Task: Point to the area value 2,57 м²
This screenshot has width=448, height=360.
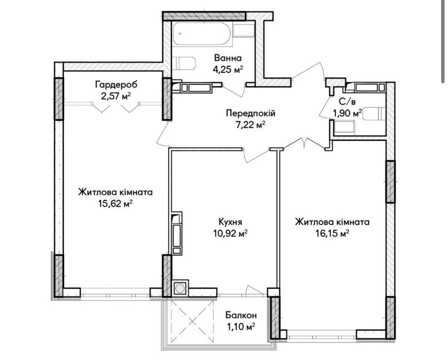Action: (x=116, y=96)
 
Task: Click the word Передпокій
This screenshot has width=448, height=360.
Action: (x=250, y=114)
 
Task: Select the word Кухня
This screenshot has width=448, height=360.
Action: (x=230, y=222)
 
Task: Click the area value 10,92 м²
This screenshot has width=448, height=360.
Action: (x=230, y=233)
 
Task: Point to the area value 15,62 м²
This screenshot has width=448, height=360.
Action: (x=115, y=204)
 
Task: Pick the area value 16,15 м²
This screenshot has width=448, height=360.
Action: (x=332, y=233)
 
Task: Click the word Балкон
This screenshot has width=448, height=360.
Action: (x=241, y=315)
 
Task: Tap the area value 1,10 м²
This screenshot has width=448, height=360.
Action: (x=241, y=327)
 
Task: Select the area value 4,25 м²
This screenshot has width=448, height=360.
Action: (x=228, y=69)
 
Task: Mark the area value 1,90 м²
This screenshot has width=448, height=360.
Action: (x=347, y=113)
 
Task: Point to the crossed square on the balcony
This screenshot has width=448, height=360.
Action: (x=192, y=321)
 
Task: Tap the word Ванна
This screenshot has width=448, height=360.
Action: (x=228, y=58)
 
